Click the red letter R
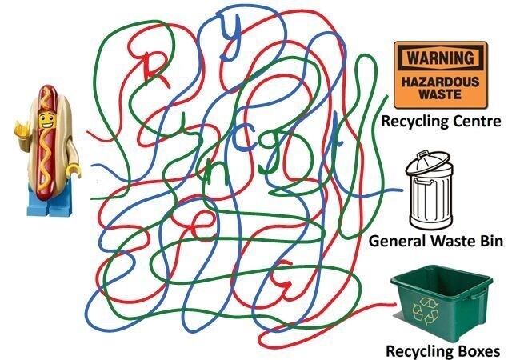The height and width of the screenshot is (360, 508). click(155, 69)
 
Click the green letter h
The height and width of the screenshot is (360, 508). click(212, 170)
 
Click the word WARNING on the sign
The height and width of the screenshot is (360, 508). click(441, 58)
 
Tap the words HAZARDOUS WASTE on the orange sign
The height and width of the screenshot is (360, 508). click(441, 88)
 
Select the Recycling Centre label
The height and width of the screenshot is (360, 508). click(441, 122)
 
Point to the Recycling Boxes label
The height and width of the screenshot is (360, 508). click(442, 350)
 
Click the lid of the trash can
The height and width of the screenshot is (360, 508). click(428, 162)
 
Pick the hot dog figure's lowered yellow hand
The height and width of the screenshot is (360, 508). click(75, 170)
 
